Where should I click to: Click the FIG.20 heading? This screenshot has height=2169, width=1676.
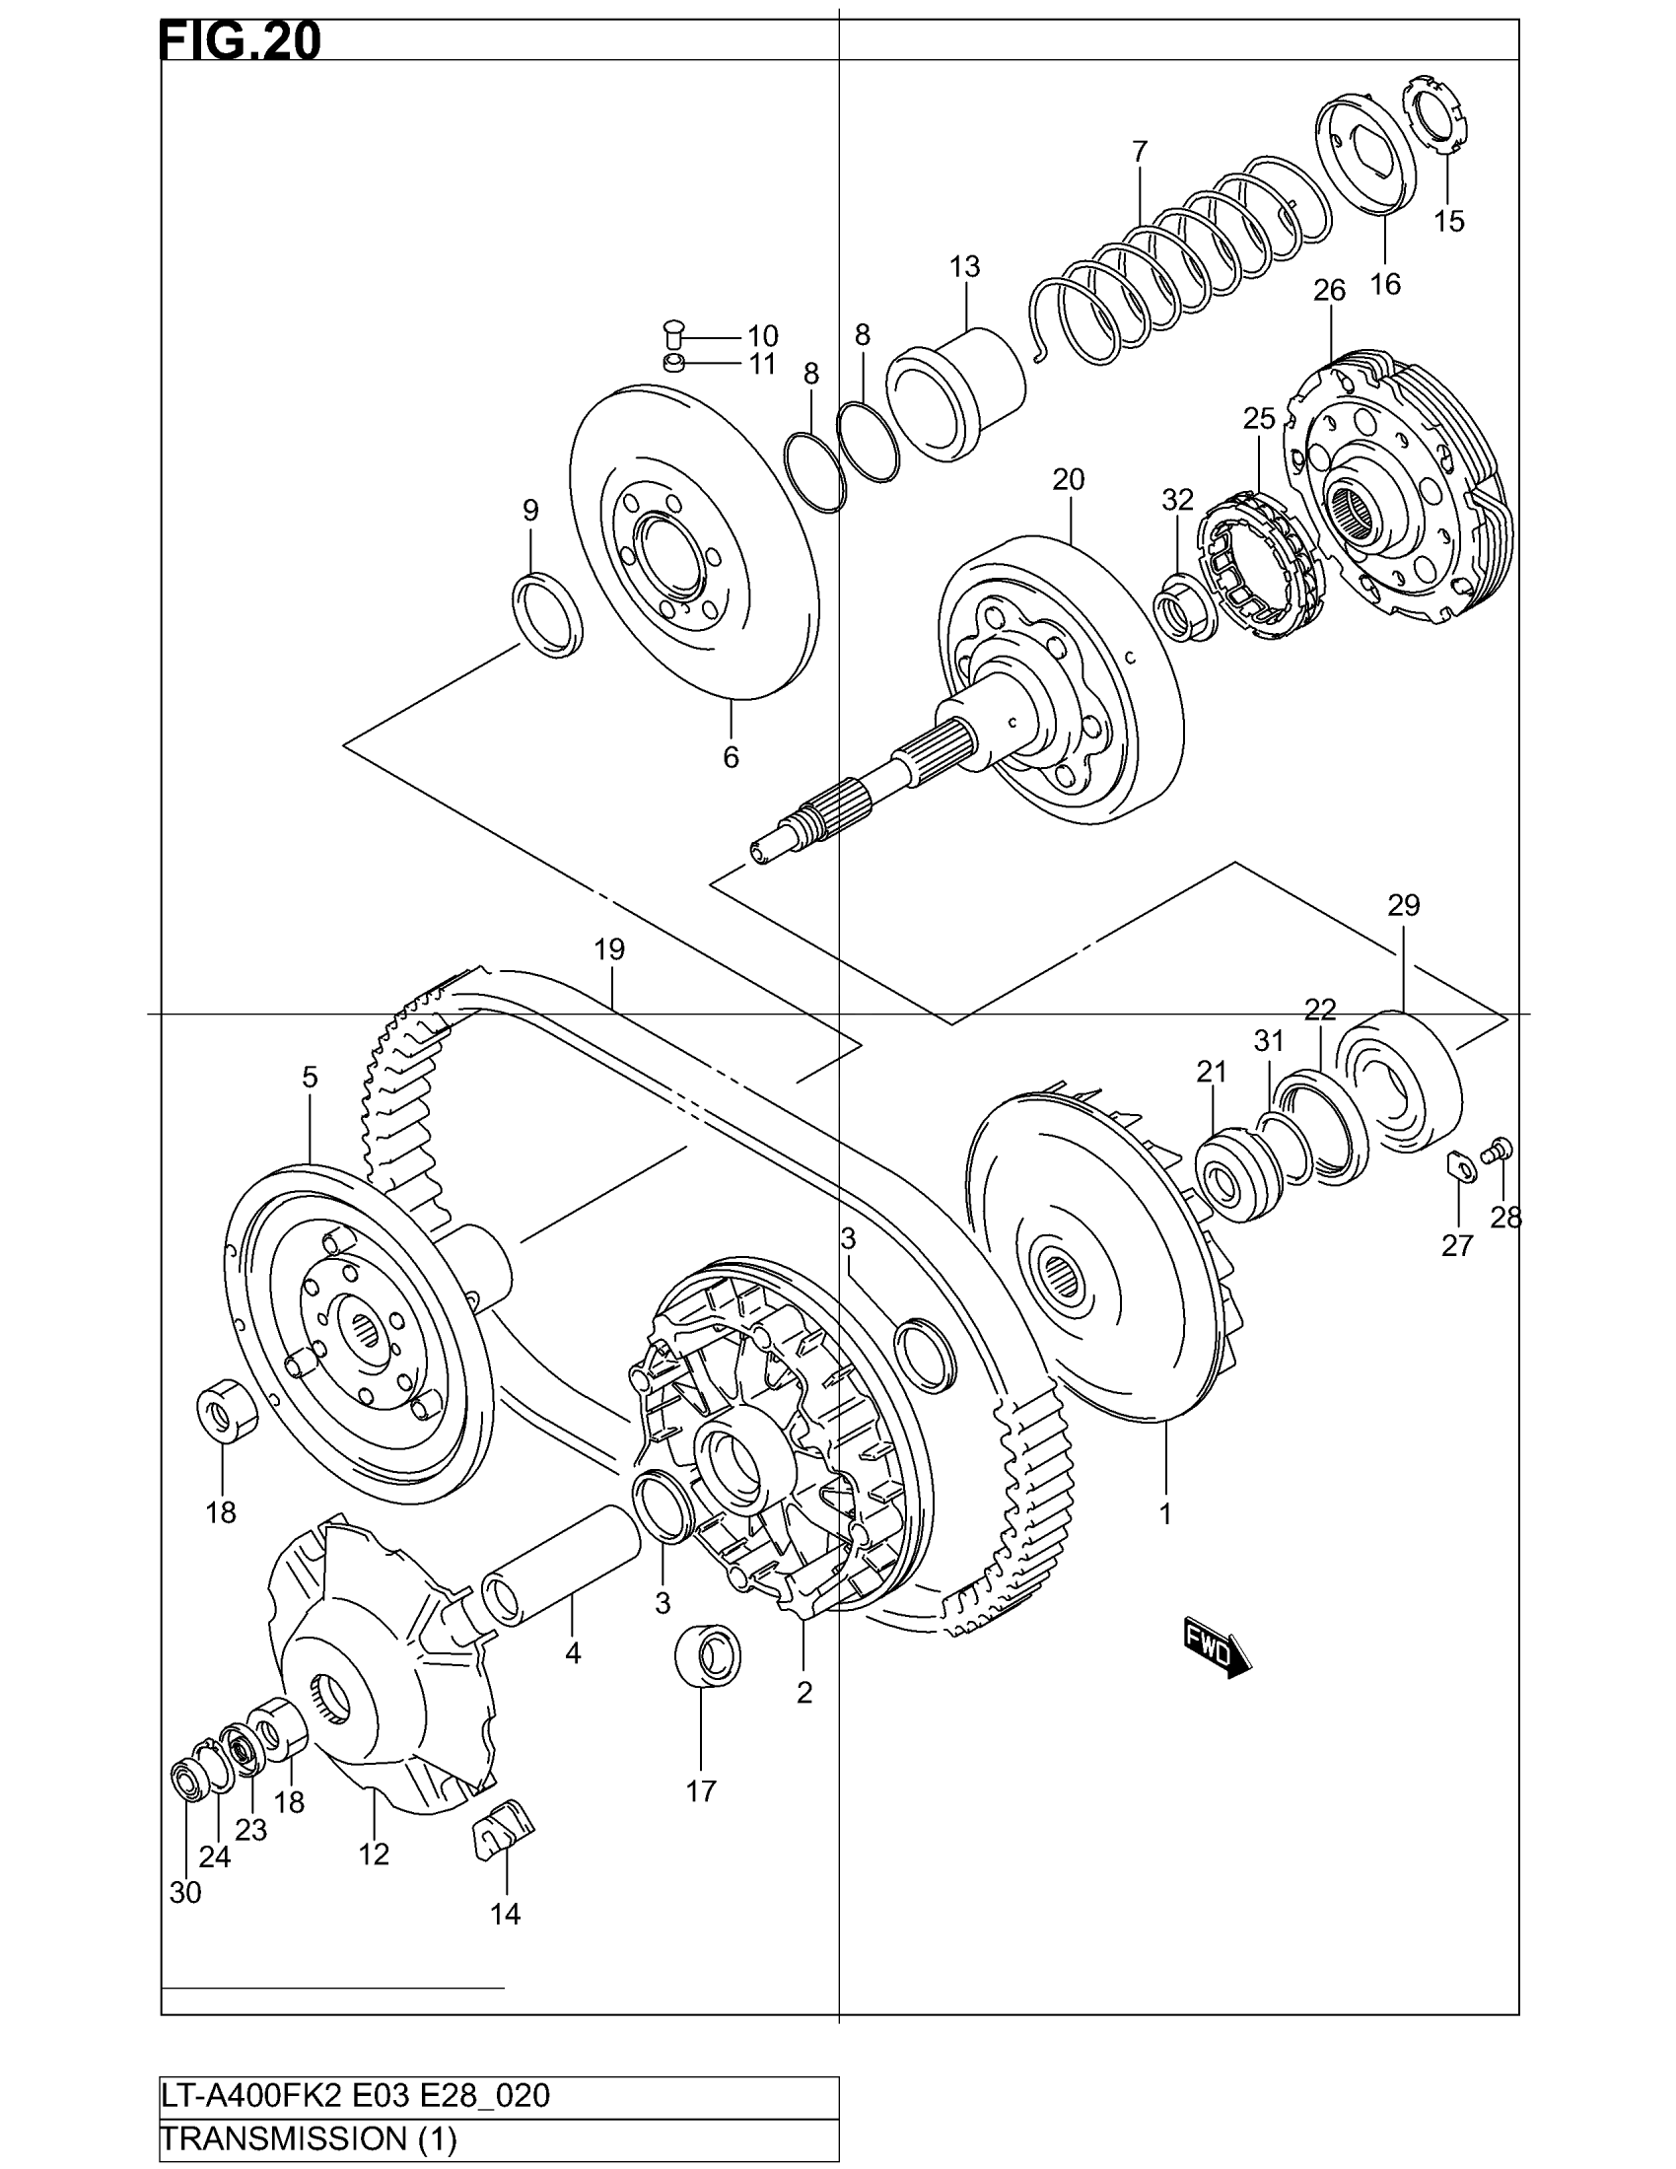coord(241,41)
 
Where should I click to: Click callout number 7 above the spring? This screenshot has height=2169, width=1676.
coord(1139,152)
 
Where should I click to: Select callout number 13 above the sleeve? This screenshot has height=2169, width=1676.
coord(964,266)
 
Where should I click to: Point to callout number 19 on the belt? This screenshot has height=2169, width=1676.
coord(609,949)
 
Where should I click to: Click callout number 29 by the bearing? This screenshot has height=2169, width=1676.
coord(1404,905)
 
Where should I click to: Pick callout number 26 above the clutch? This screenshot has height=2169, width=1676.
coord(1329,290)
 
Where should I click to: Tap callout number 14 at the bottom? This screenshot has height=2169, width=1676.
coord(506,1914)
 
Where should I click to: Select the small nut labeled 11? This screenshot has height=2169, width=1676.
coord(673,362)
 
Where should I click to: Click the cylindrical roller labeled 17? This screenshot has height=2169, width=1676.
coord(706,1655)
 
